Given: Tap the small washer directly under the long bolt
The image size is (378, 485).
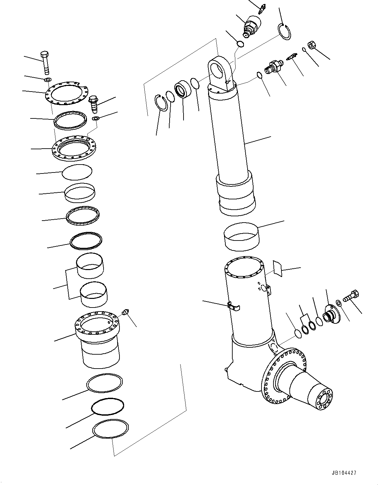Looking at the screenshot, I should (x=48, y=80).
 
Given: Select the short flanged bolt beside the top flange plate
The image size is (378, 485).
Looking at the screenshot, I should (x=94, y=104).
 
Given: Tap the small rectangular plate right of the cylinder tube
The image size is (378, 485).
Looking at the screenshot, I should (x=277, y=268).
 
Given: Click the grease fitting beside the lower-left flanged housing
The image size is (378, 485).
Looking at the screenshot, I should (x=125, y=312).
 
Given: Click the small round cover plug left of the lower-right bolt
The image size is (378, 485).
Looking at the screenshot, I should (x=330, y=314).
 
